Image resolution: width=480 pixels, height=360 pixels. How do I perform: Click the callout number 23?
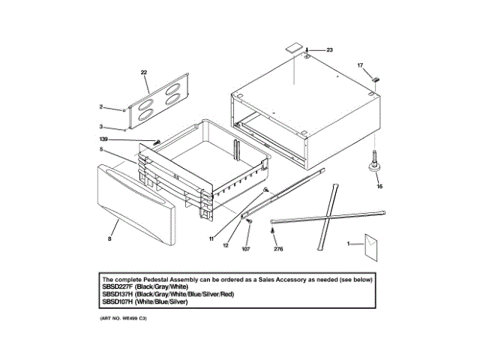(329, 49)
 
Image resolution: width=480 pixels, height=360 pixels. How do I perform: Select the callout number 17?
(359, 65)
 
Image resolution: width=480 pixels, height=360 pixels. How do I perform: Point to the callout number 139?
(103, 139)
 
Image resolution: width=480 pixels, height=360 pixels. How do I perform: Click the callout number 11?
(212, 238)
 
